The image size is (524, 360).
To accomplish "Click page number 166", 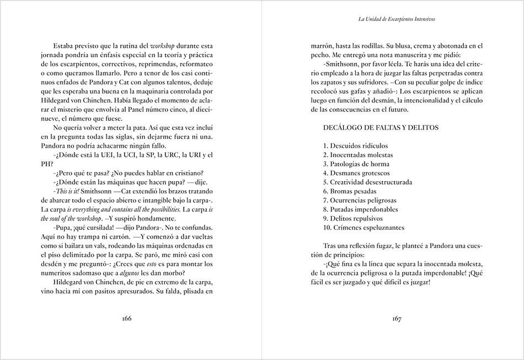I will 127,319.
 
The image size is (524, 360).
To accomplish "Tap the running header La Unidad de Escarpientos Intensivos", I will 397,19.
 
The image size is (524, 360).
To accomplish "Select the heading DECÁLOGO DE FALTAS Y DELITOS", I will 381,128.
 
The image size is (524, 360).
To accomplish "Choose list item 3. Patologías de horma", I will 356,164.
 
